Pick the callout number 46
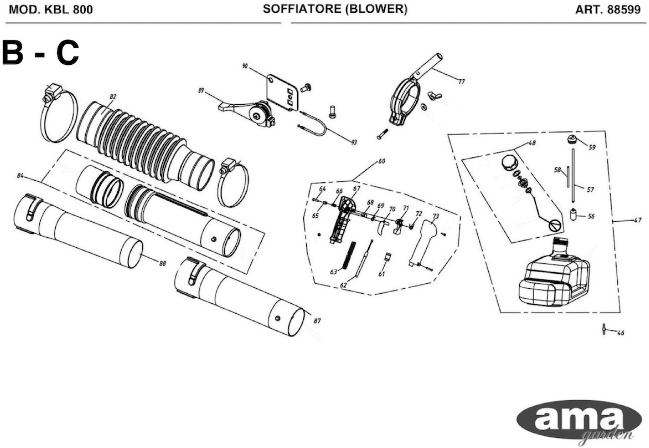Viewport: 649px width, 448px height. click(621, 333)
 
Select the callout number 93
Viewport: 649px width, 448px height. click(354, 143)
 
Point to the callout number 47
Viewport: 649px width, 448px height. click(637, 220)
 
